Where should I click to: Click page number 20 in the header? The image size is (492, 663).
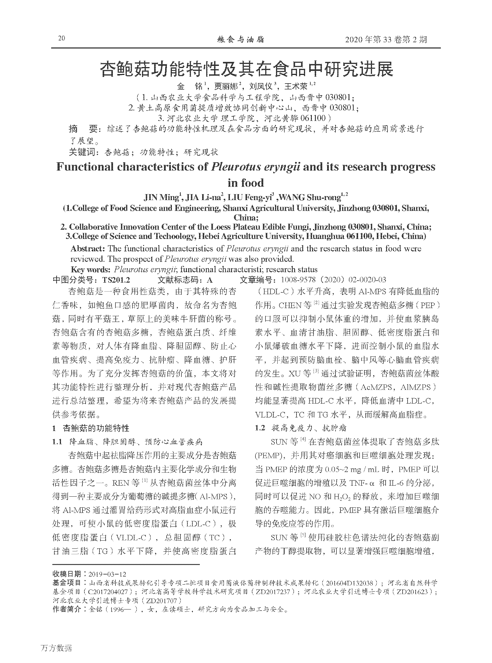[x=62, y=38]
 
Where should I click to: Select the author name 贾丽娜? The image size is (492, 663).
[x=226, y=86]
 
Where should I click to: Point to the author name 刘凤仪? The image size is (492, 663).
[x=261, y=86]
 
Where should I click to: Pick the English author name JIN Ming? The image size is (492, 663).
[x=161, y=198]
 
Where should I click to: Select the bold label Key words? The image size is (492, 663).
[x=91, y=270]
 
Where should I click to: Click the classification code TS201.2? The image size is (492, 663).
[x=116, y=280]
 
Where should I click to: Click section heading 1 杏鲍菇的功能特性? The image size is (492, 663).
[x=91, y=428]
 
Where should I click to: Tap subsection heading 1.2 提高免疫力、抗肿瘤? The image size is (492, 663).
[x=301, y=428]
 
